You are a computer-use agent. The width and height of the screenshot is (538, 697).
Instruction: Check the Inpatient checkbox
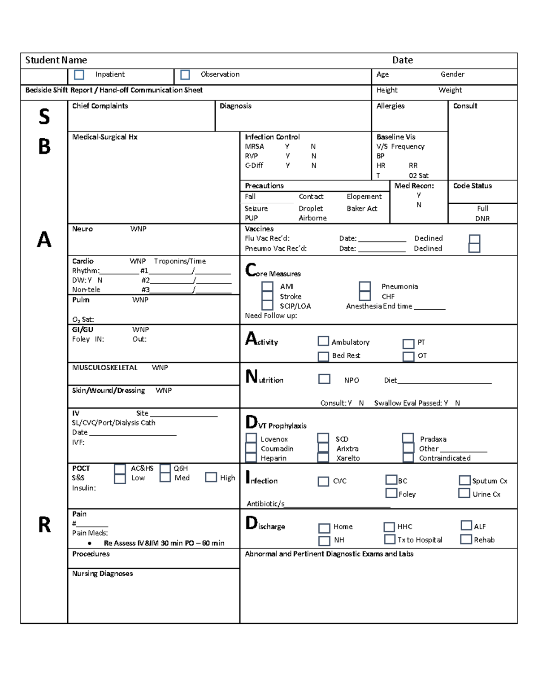tap(79, 75)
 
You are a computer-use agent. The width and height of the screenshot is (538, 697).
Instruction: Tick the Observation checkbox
tap(185, 75)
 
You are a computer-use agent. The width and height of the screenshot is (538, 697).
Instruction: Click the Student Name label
tap(56, 60)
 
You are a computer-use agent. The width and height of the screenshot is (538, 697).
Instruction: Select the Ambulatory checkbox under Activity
tap(323, 341)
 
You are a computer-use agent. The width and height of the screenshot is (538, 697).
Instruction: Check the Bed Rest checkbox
tap(323, 356)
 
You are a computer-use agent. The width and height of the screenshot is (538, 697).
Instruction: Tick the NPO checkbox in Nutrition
tap(324, 379)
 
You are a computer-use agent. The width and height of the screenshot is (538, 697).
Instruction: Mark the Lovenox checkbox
tap(251, 438)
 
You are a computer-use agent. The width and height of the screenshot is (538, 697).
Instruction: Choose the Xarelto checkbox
tap(323, 457)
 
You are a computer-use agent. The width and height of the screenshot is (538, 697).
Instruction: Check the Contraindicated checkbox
tap(408, 457)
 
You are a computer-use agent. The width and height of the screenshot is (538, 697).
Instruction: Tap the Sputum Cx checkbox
tap(464, 480)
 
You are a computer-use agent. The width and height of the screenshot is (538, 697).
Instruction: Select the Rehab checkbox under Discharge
tap(466, 539)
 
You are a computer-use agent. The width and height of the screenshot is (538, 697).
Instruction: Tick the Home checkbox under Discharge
tap(324, 528)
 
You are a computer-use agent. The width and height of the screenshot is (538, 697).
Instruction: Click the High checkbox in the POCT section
tap(211, 477)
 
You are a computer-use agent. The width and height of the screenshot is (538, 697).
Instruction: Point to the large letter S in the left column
tap(44, 117)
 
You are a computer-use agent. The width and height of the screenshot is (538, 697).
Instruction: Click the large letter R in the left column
tap(44, 525)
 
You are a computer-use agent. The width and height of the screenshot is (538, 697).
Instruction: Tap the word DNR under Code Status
tap(482, 219)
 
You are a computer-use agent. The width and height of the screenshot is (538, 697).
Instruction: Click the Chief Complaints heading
tap(100, 106)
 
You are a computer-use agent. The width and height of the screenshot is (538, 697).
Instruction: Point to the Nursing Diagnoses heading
tap(103, 574)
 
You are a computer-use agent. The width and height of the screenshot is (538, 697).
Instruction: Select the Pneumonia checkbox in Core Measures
tap(364, 286)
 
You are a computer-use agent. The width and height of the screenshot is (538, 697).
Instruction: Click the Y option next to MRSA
tap(287, 146)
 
